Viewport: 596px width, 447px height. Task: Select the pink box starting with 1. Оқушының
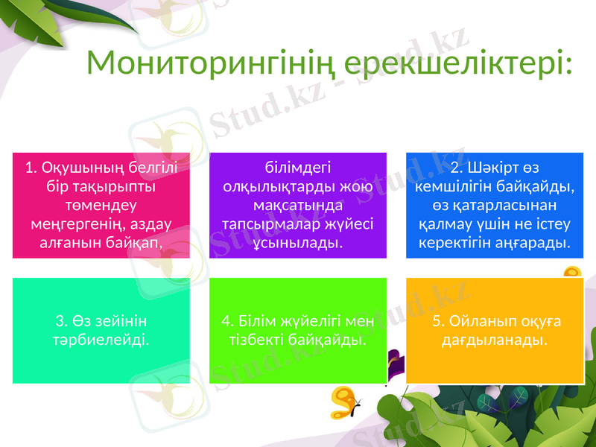(x=101, y=205)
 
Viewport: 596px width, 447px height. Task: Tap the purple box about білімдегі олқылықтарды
(x=297, y=205)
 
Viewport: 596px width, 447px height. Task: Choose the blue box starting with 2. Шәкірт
(x=494, y=205)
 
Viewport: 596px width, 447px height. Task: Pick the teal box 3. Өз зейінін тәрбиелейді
(x=101, y=331)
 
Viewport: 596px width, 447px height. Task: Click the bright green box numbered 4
(x=297, y=331)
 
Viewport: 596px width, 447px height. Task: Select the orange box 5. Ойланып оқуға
(x=494, y=331)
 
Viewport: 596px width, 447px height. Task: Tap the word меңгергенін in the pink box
(x=73, y=223)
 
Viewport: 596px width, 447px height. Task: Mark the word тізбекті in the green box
(x=259, y=340)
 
